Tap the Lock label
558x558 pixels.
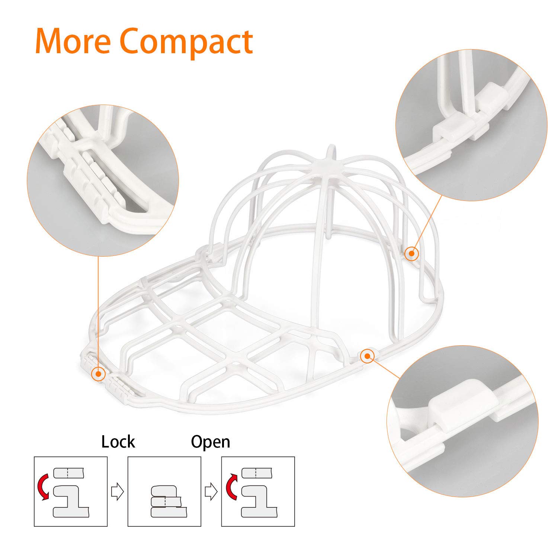click(118, 442)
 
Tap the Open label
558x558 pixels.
click(211, 442)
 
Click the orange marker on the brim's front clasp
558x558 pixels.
click(98, 373)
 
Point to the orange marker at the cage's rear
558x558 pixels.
click(411, 253)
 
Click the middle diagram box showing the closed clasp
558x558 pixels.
click(164, 491)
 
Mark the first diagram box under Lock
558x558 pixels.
click(71, 491)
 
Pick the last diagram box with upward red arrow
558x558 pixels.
click(258, 491)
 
